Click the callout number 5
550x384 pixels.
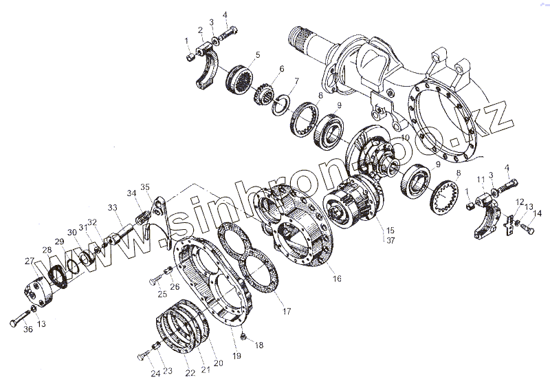[x=258, y=54]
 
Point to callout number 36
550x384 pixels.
[x=27, y=330]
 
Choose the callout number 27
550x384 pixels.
[x=28, y=260]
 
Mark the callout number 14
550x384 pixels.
[x=538, y=214]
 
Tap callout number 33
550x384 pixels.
[x=112, y=206]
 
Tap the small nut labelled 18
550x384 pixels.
[x=244, y=336]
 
